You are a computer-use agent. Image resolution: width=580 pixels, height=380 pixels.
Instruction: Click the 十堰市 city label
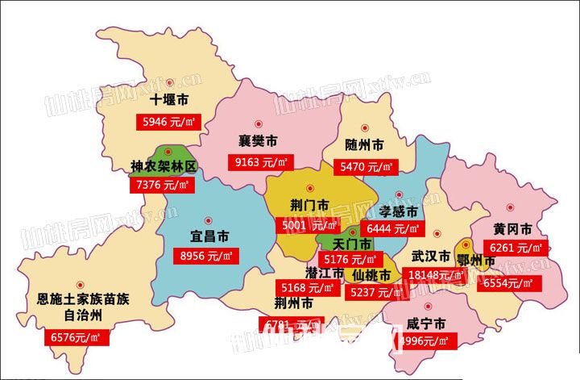pos(170,101)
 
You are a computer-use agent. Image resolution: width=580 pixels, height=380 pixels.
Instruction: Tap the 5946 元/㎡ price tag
pos(171,123)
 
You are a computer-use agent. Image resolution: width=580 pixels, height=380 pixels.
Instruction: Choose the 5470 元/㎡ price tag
pos(367,167)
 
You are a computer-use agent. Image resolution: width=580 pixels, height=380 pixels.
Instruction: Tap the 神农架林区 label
pos(164,167)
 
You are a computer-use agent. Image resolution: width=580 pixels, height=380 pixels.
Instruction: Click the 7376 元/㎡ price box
pos(161,185)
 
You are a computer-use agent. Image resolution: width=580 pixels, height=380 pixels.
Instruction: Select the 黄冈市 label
pos(512,228)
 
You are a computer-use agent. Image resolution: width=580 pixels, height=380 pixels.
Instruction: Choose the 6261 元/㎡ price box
pos(513,248)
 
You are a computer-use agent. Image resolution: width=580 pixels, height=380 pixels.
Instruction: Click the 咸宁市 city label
pos(426,324)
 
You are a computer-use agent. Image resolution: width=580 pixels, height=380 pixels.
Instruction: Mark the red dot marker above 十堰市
pos(171,82)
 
